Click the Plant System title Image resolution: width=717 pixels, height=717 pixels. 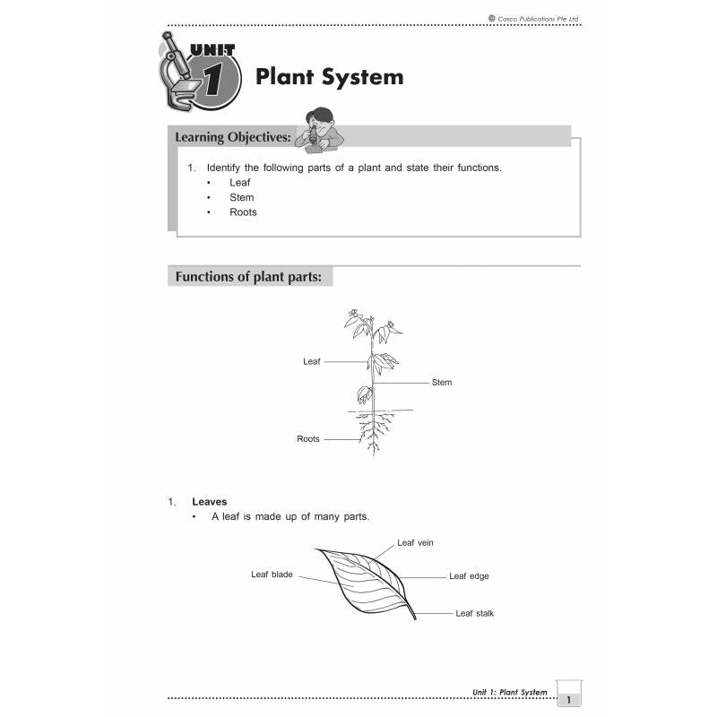pyautogui.click(x=329, y=77)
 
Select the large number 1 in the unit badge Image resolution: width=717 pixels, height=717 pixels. pyautogui.click(x=213, y=79)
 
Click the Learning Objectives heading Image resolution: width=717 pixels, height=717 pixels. pyautogui.click(x=233, y=137)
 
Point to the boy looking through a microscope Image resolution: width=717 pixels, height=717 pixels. pyautogui.click(x=320, y=130)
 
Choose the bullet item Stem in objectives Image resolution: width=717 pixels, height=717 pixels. pyautogui.click(x=241, y=197)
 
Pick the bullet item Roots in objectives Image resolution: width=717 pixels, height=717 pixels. pyautogui.click(x=243, y=212)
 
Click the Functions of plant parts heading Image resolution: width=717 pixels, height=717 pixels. pyautogui.click(x=248, y=277)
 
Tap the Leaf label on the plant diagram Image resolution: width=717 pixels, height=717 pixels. pyautogui.click(x=311, y=361)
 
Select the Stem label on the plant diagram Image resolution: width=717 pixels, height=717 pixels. pyautogui.click(x=442, y=383)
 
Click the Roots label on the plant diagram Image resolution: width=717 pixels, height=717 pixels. pyautogui.click(x=308, y=439)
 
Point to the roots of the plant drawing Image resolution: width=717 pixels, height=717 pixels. pyautogui.click(x=375, y=432)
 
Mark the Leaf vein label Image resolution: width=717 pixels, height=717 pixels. pyautogui.click(x=415, y=543)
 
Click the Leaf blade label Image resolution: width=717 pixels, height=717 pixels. pyautogui.click(x=272, y=574)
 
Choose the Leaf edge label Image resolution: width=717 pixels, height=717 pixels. pyautogui.click(x=469, y=576)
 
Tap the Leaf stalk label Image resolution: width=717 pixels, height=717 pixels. pyautogui.click(x=475, y=613)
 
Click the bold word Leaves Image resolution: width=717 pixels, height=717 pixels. pyautogui.click(x=210, y=502)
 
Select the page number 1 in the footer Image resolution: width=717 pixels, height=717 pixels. pyautogui.click(x=569, y=700)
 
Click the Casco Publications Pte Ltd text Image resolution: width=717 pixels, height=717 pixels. pyautogui.click(x=533, y=19)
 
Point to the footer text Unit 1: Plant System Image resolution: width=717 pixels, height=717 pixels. pyautogui.click(x=509, y=692)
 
